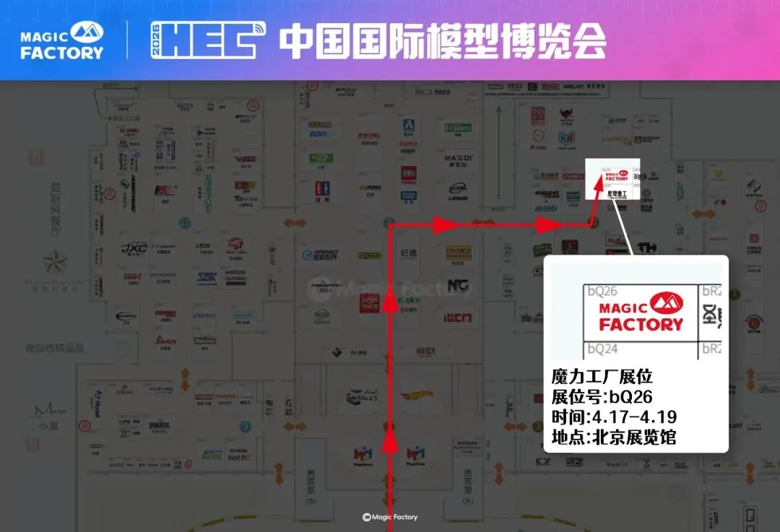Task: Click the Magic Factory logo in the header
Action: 62,40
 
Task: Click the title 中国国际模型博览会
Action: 442,42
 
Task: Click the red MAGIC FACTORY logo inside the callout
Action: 641,313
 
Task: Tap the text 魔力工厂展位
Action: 602,377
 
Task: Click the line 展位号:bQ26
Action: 602,397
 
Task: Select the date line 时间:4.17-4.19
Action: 613,417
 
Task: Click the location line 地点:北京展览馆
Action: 613,437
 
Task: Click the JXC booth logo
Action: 134,248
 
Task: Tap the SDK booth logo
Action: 208,278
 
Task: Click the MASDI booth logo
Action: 459,158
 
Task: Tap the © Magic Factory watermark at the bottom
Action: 390,517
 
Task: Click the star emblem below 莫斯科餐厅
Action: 54,261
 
